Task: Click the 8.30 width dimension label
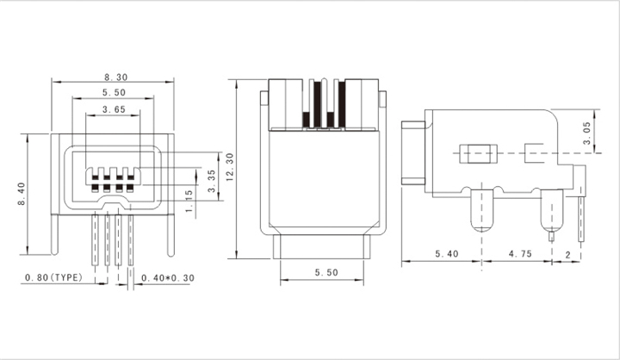pos(116,77)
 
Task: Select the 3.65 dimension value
pos(114,109)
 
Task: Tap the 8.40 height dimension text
pos(22,194)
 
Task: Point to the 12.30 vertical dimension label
pos(230,167)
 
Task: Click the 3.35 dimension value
pos(212,181)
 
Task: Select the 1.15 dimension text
pos(189,201)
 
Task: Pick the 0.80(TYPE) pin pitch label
pos(54,277)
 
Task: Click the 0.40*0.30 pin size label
pos(168,278)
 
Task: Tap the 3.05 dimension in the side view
pos(586,133)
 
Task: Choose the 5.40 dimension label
pos(447,253)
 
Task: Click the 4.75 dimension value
pos(520,253)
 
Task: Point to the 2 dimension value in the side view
pos(567,255)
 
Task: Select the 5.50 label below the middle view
pos(326,272)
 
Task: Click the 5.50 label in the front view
pos(114,92)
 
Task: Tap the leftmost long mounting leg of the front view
pos(55,234)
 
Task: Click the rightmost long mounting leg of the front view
pos(170,235)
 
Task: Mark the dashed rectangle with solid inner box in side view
pos(479,154)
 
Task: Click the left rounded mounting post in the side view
pos(482,210)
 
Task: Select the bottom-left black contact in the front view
pos(96,188)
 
